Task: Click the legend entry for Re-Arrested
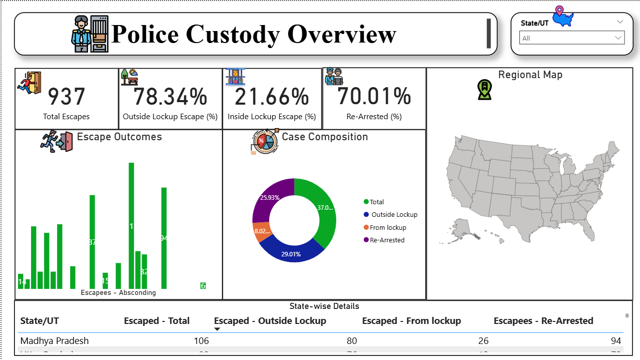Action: pyautogui.click(x=387, y=240)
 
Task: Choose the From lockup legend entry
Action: pyautogui.click(x=388, y=227)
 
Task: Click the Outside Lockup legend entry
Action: pyautogui.click(x=394, y=214)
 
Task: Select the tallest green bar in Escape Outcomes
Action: pyautogui.click(x=132, y=225)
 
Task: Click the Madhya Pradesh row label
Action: pyautogui.click(x=55, y=341)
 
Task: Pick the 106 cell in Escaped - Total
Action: pyautogui.click(x=201, y=341)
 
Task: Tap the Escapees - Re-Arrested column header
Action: pyautogui.click(x=543, y=321)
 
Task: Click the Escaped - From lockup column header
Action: pyautogui.click(x=411, y=321)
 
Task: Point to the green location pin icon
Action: pyautogui.click(x=484, y=90)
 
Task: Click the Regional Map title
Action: pyautogui.click(x=530, y=75)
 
